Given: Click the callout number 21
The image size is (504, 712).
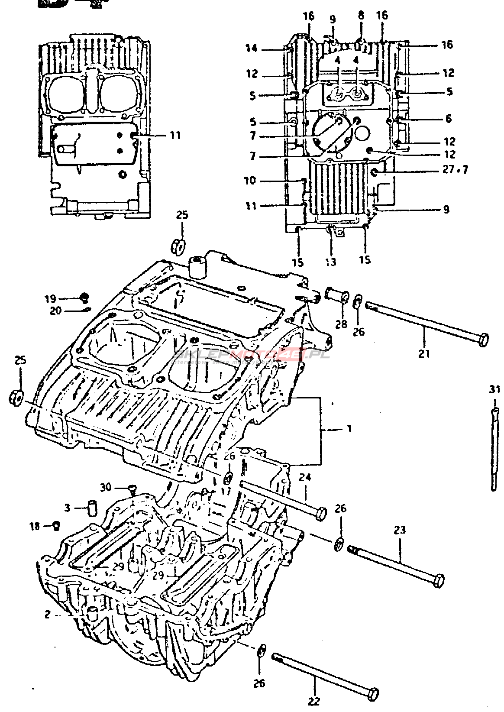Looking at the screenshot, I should tap(424, 353).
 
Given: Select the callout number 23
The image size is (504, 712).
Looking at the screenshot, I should tap(400, 530).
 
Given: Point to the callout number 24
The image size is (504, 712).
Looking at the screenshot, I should tap(305, 478).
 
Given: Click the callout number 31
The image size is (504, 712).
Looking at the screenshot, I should tap(494, 389).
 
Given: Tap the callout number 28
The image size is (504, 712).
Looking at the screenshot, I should tap(341, 324).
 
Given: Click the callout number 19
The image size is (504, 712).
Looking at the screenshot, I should tap(50, 298).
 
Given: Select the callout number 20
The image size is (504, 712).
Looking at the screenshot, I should tap(55, 311).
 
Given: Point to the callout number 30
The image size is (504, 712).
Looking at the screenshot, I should tap(106, 487).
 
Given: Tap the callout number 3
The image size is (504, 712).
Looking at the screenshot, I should tap(67, 507).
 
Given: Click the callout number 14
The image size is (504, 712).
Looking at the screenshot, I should tap(252, 48).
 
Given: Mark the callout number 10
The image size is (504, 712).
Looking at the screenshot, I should tap(250, 180).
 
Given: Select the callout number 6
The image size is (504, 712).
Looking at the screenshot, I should tap(449, 118).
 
